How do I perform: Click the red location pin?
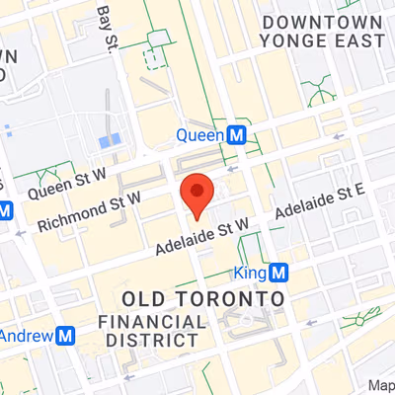[198, 192]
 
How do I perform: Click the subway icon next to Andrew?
[66, 336]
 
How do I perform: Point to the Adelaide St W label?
[205, 240]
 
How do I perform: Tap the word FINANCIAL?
[152, 322]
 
